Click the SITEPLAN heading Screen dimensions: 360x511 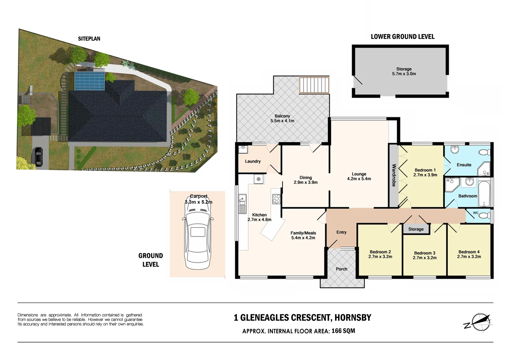(89, 39)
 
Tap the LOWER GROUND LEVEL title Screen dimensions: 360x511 (403, 37)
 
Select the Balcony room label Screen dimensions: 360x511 (282, 118)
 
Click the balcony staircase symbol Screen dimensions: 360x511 (314, 85)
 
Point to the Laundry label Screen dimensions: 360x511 (252, 161)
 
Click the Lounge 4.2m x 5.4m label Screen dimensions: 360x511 (359, 176)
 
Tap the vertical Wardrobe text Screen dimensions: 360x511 (394, 175)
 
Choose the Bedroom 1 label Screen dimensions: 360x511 (425, 172)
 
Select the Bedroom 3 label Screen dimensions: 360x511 (425, 255)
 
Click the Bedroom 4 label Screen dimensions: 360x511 (469, 254)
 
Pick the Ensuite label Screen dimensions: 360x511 (464, 165)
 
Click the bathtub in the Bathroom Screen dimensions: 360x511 (484, 194)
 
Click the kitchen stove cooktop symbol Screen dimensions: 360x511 (277, 199)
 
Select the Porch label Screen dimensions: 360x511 (341, 269)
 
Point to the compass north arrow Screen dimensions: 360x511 (479, 322)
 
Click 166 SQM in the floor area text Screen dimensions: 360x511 (343, 331)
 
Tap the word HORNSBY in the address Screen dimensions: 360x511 (353, 318)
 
